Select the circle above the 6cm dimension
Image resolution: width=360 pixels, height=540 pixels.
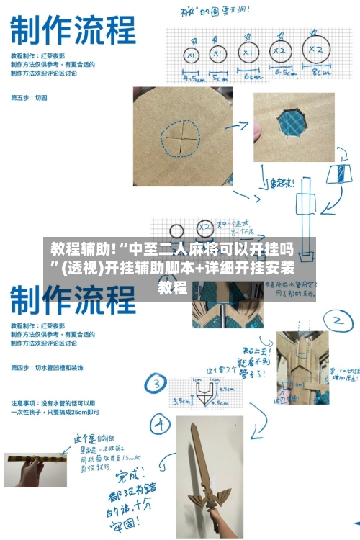pyautogui.click(x=248, y=52)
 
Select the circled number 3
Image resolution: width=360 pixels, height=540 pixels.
pyautogui.click(x=155, y=383)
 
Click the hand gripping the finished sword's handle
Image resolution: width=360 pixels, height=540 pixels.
pyautogui.click(x=217, y=516)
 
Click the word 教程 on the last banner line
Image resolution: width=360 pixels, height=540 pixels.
pyautogui.click(x=173, y=289)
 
